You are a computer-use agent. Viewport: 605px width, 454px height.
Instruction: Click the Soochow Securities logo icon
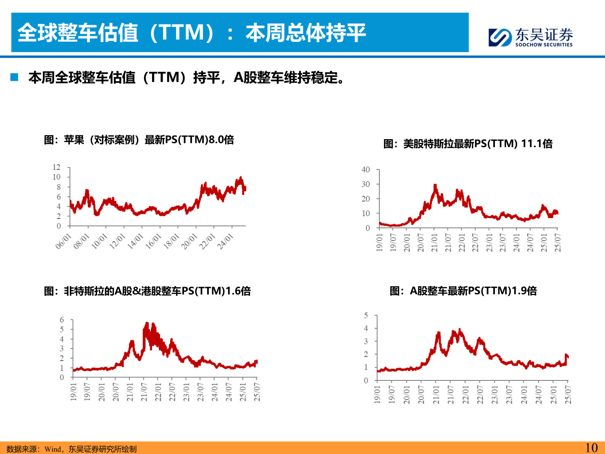pos(500,37)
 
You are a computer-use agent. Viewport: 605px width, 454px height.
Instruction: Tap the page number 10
pos(591,448)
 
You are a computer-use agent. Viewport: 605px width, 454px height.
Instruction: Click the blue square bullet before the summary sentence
pos(15,77)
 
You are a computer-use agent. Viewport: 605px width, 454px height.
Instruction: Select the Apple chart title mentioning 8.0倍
pos(139,140)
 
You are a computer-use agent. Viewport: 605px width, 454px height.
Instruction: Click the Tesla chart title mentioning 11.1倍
pos(468,144)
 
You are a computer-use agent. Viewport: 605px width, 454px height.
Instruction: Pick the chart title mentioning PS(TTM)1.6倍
pos(147,291)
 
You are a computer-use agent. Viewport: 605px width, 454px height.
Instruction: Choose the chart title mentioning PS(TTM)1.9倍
pos(463,291)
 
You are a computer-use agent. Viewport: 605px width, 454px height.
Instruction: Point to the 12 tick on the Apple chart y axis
pos(56,167)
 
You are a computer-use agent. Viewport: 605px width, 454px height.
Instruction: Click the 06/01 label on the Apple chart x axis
pos(63,242)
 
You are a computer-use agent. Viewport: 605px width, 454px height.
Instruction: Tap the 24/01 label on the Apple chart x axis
pos(225,242)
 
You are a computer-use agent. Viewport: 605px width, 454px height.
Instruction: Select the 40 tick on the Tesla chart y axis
pos(366,170)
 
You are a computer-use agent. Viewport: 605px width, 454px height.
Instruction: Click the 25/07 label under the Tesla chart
pos(558,243)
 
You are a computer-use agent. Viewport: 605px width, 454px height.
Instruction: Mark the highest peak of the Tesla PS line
pos(435,185)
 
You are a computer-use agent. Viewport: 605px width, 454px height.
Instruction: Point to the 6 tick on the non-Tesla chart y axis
pos(62,320)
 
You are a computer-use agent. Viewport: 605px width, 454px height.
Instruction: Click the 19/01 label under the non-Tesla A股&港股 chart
pos(73,391)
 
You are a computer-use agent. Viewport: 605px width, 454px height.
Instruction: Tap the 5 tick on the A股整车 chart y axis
pos(366,315)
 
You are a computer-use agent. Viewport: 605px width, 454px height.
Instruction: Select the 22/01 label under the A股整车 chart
pos(466,395)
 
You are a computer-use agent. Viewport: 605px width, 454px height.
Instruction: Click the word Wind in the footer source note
pos(53,449)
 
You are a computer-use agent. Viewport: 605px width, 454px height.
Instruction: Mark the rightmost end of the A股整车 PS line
pos(568,357)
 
